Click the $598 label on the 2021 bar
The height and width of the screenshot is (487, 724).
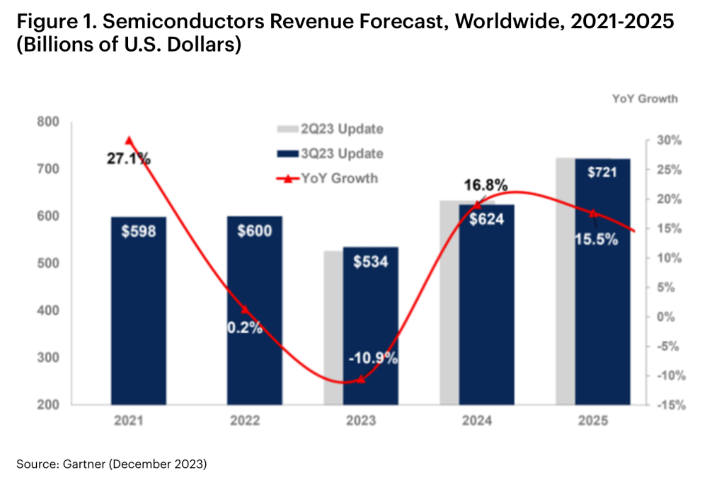(x=138, y=231)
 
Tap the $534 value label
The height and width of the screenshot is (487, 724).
(x=370, y=262)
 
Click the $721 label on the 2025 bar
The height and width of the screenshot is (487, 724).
(x=602, y=172)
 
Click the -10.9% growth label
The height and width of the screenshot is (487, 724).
(x=373, y=358)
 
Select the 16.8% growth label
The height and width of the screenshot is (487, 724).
(x=485, y=186)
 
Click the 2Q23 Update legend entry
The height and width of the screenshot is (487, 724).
(x=331, y=129)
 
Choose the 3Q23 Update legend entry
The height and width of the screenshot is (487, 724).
(x=331, y=153)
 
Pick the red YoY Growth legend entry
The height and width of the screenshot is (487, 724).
(x=331, y=178)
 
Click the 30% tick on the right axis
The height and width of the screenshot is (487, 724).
(x=672, y=140)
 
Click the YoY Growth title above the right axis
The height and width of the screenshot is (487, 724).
(x=644, y=99)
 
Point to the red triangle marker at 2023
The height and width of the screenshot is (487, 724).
(x=360, y=380)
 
